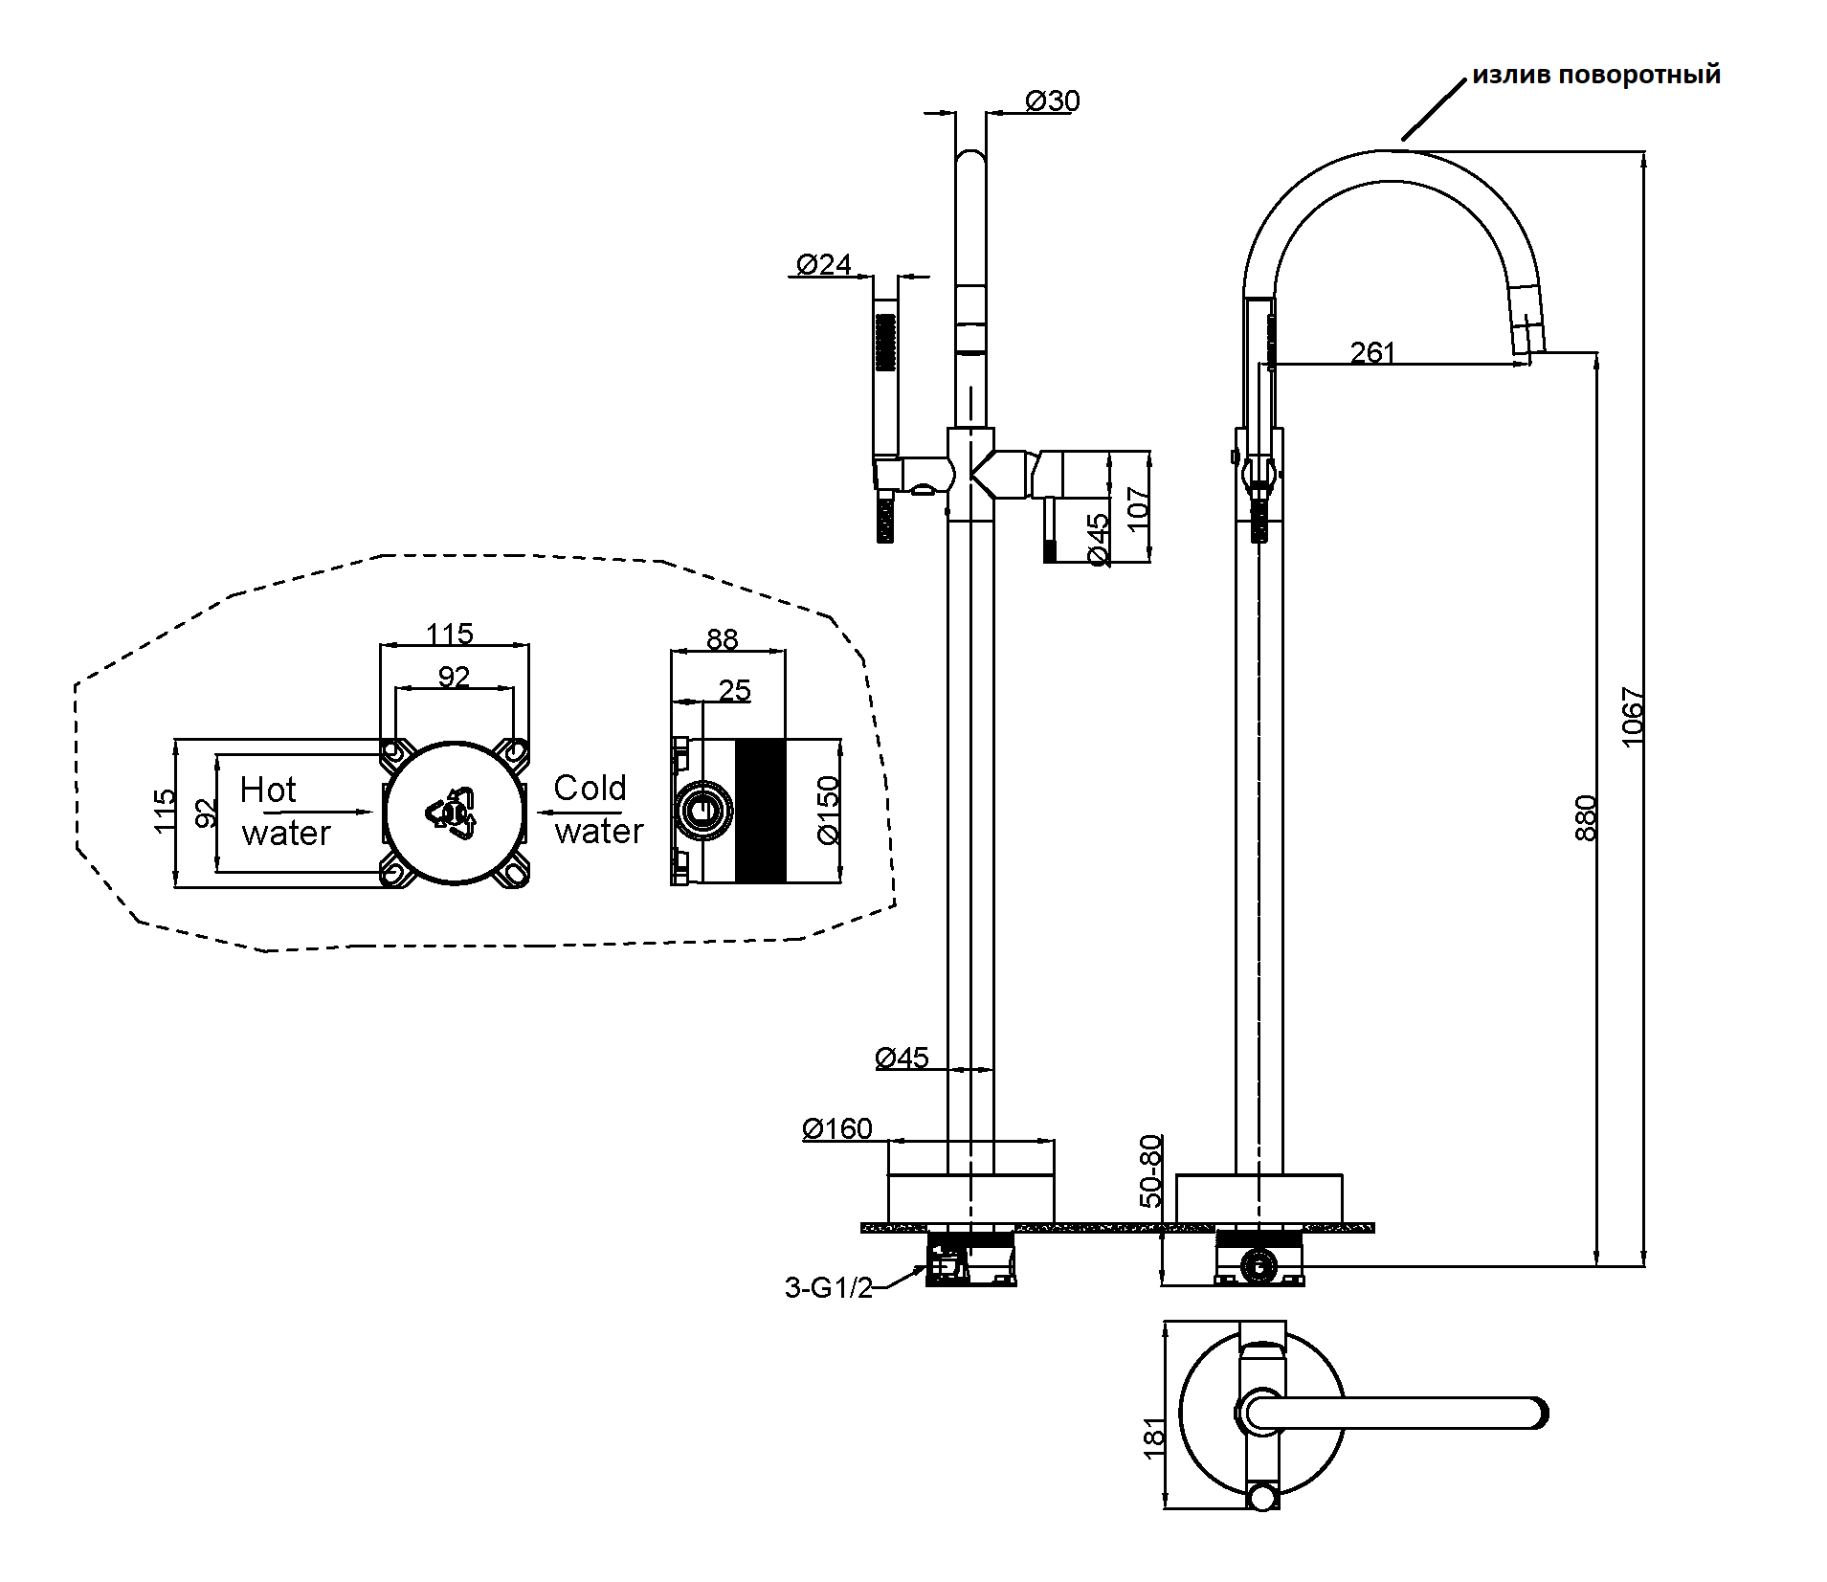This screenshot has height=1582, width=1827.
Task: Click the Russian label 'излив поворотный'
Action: pyautogui.click(x=1595, y=76)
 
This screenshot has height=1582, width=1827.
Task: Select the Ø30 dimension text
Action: pyautogui.click(x=1052, y=100)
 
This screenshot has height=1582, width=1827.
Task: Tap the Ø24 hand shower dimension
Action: pyautogui.click(x=823, y=264)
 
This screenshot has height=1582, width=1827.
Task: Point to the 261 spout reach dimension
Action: pyautogui.click(x=1372, y=352)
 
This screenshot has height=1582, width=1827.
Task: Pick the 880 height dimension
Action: pyautogui.click(x=1586, y=817)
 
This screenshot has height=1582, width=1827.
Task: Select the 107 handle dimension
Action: pyautogui.click(x=1137, y=509)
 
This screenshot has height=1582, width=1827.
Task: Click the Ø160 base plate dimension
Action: pyautogui.click(x=837, y=1129)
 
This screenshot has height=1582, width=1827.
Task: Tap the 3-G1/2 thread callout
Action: pyautogui.click(x=829, y=1288)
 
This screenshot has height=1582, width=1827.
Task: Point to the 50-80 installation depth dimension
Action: pyautogui.click(x=1151, y=1170)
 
